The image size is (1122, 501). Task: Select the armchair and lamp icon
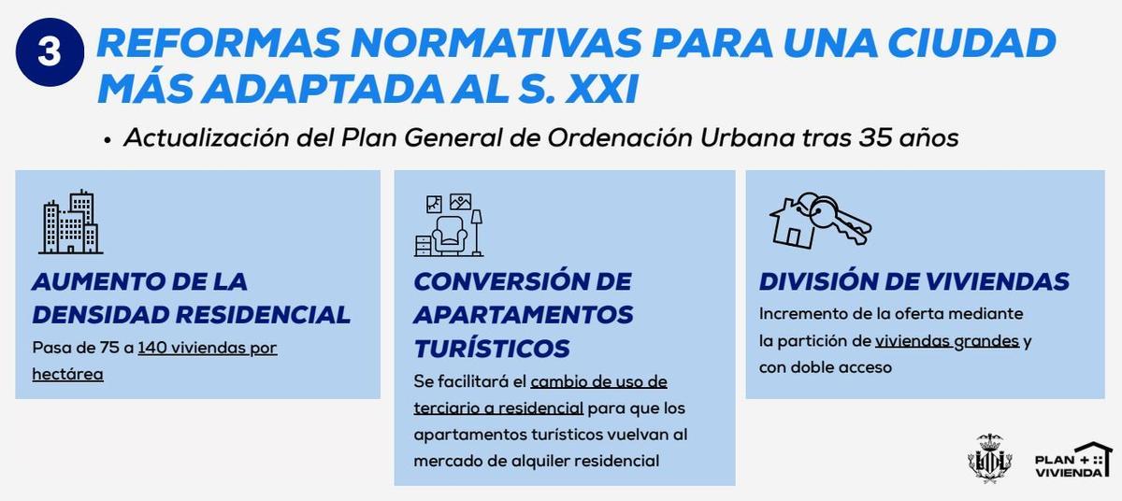[x=449, y=224]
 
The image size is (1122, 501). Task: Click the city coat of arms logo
[x=989, y=459]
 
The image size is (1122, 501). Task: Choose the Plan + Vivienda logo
[x=1072, y=461]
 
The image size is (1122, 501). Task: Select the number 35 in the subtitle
[x=875, y=137]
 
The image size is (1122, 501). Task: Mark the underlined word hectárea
[x=67, y=374]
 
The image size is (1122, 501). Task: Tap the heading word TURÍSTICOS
[x=492, y=349]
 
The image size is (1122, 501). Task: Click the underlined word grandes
[x=985, y=341]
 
